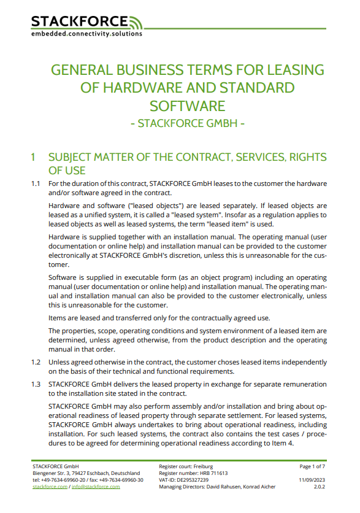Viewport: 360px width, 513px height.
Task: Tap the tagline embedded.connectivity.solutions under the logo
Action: coord(86,34)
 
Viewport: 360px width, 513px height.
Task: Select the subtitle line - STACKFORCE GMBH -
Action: coord(188,123)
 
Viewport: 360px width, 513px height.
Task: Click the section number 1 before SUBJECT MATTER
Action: coord(34,158)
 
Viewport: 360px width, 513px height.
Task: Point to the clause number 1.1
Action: coord(36,184)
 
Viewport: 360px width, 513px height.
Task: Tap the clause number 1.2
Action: coord(36,362)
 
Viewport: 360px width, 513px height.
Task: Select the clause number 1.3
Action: coord(36,384)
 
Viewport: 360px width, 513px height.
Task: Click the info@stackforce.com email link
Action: coord(95,487)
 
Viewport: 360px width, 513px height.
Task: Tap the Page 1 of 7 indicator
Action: coord(313,467)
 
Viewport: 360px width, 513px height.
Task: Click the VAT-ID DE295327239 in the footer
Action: coord(183,480)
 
